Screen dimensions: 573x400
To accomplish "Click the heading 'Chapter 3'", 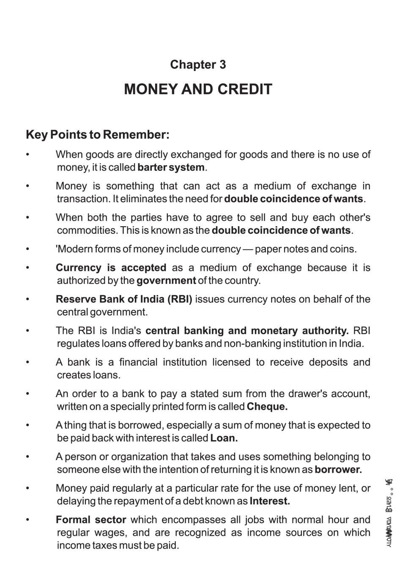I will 198,65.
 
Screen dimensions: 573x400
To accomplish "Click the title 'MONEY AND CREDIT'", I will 198,90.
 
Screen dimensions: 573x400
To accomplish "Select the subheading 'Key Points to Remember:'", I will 98,135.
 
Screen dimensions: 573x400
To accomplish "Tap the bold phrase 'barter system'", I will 171,167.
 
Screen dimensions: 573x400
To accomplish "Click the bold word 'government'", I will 166,281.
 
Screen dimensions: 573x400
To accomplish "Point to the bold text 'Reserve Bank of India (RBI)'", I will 124,299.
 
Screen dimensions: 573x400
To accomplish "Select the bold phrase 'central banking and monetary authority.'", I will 247,331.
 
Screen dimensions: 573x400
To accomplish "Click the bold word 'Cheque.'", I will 267,407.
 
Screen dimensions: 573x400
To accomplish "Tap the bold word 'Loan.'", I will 224,438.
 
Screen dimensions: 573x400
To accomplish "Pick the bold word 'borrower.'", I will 338,470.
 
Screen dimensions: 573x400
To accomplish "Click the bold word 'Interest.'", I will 270,502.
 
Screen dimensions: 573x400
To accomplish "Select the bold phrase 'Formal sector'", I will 91,520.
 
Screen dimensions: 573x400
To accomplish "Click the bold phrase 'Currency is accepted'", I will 111,268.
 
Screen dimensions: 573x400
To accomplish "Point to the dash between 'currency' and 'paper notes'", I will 247,249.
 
